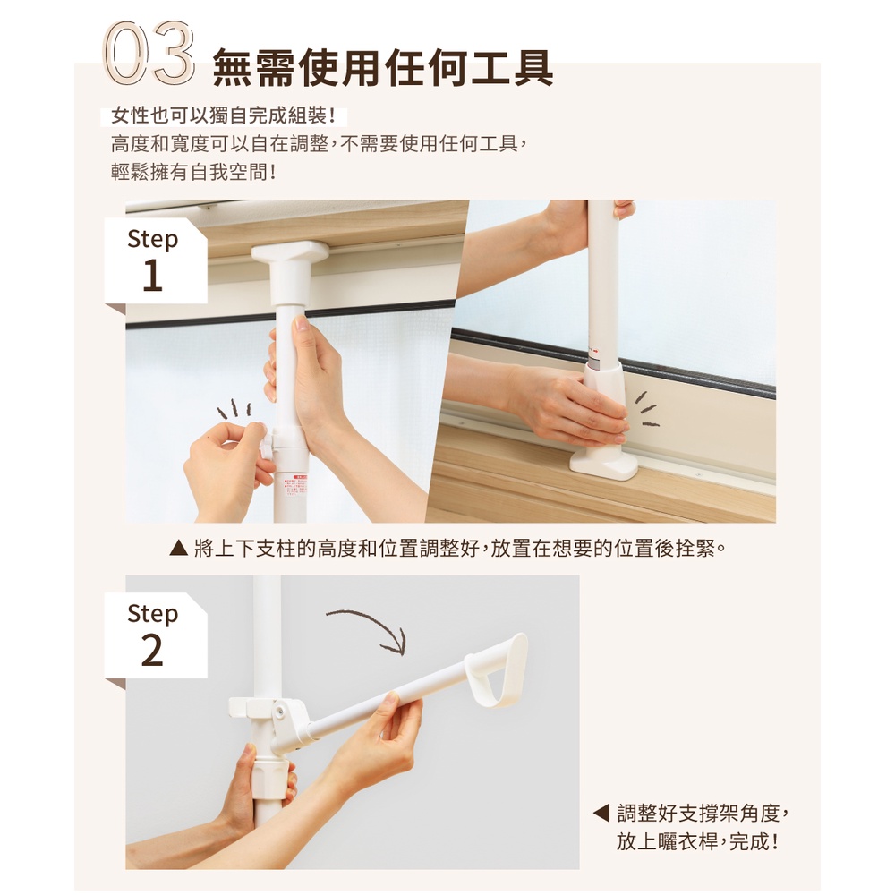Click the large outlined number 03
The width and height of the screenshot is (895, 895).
pyautogui.click(x=149, y=53)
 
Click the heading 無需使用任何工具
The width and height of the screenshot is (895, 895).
pyautogui.click(x=383, y=68)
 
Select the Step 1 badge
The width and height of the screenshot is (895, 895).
pyautogui.click(x=155, y=260)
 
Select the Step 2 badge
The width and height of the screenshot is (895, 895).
pyautogui.click(x=155, y=635)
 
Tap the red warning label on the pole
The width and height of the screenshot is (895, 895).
pyautogui.click(x=299, y=486)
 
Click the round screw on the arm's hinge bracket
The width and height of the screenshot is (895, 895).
pyautogui.click(x=279, y=712)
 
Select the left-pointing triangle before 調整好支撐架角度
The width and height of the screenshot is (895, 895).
pyautogui.click(x=601, y=813)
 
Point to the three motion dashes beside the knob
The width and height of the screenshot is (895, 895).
pyautogui.click(x=234, y=409)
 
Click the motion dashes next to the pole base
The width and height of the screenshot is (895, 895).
pyautogui.click(x=647, y=409)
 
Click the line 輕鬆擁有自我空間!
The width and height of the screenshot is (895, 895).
pyautogui.click(x=193, y=171)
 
